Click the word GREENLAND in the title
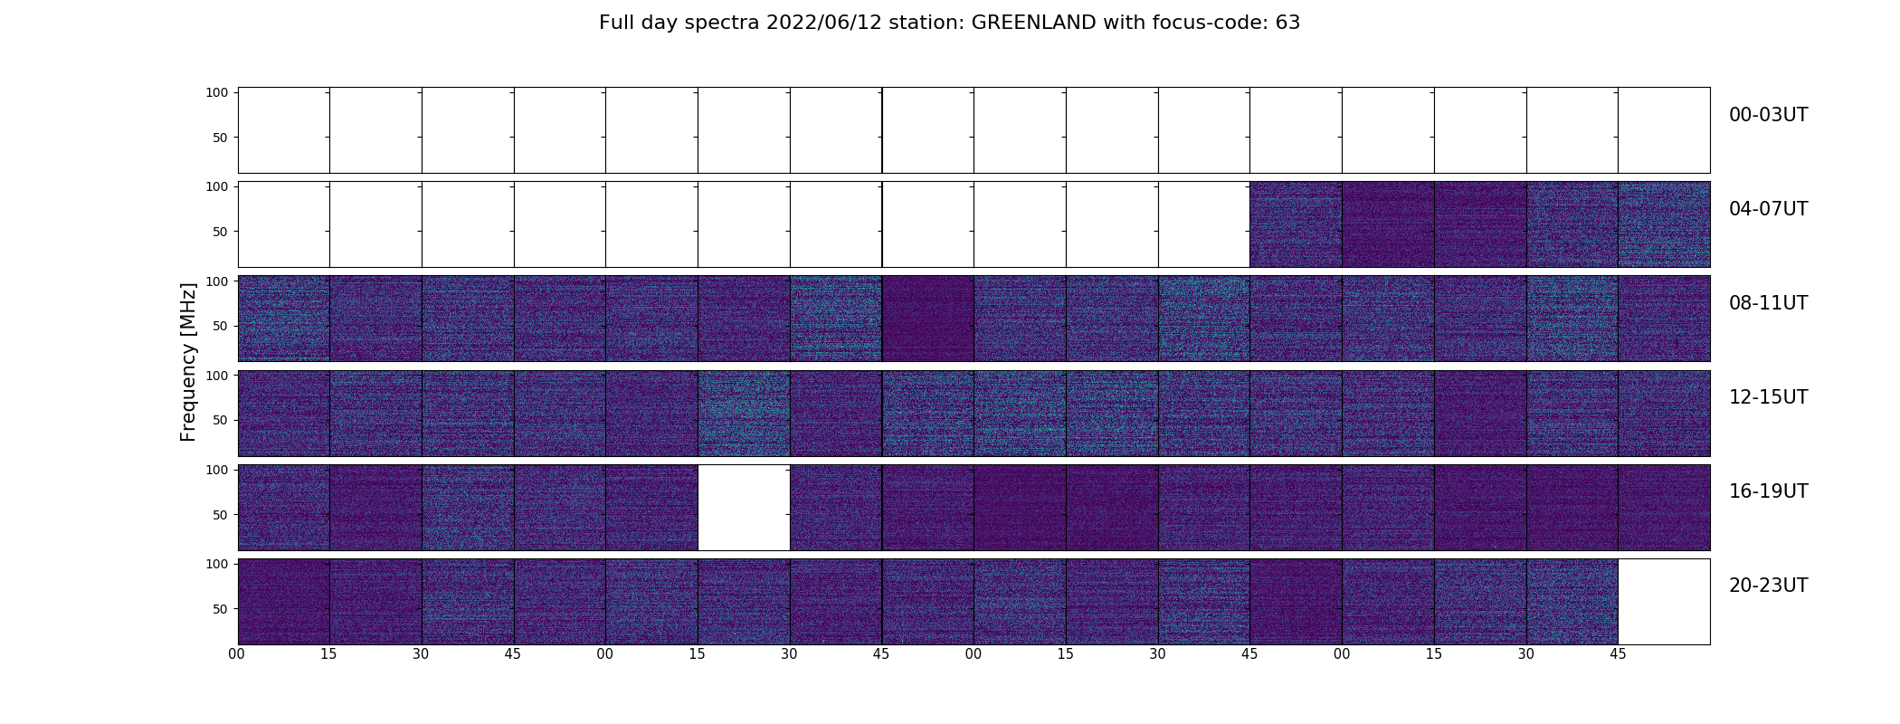(x=1033, y=23)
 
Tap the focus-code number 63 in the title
(x=1287, y=23)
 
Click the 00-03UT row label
(x=1768, y=115)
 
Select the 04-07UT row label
(x=1768, y=209)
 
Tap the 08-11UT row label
(x=1768, y=303)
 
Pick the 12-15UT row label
(x=1768, y=397)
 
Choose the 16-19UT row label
(x=1768, y=491)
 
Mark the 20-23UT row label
(x=1768, y=586)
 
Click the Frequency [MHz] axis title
(x=188, y=362)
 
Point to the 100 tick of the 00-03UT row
(x=217, y=92)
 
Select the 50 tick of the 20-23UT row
(x=221, y=609)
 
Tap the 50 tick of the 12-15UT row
(x=221, y=420)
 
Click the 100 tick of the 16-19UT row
(x=217, y=470)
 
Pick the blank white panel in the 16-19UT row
(x=744, y=508)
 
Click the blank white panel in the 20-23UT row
(x=1664, y=602)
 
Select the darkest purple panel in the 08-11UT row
(x=928, y=319)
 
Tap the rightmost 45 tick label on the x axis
(x=1618, y=654)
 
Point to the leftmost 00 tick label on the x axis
(x=237, y=654)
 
